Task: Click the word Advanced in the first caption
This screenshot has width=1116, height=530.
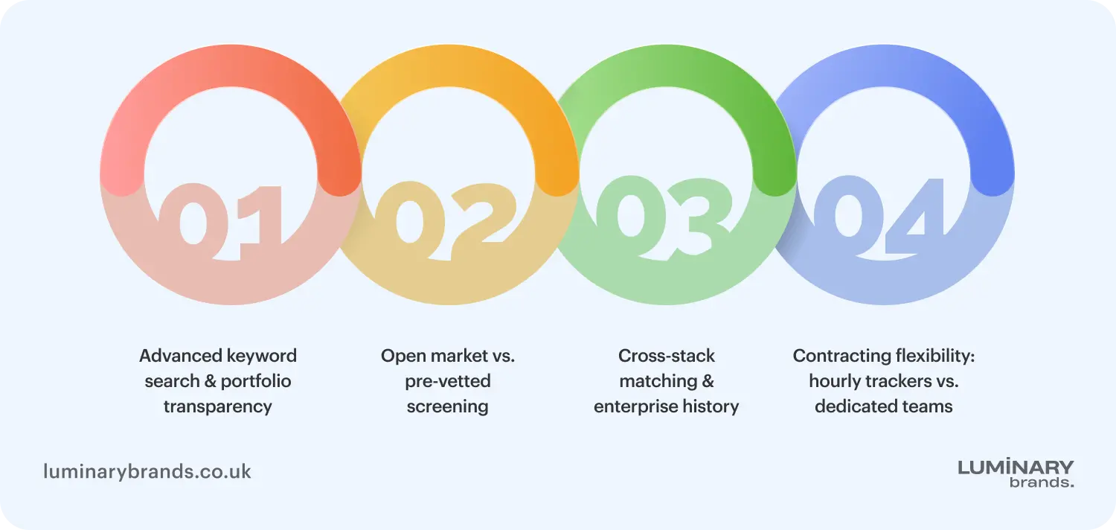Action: pyautogui.click(x=180, y=356)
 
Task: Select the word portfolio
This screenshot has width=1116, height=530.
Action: pyautogui.click(x=256, y=381)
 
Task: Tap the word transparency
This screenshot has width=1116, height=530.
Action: pyautogui.click(x=218, y=407)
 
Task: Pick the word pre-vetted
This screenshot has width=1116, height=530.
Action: pyautogui.click(x=447, y=381)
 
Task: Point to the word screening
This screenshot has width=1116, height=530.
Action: pyautogui.click(x=447, y=407)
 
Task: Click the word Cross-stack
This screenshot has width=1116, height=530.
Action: pyautogui.click(x=666, y=356)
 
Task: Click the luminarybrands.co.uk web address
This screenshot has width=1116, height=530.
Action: pyautogui.click(x=147, y=472)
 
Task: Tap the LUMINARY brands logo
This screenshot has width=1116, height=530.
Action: pyautogui.click(x=1016, y=473)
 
